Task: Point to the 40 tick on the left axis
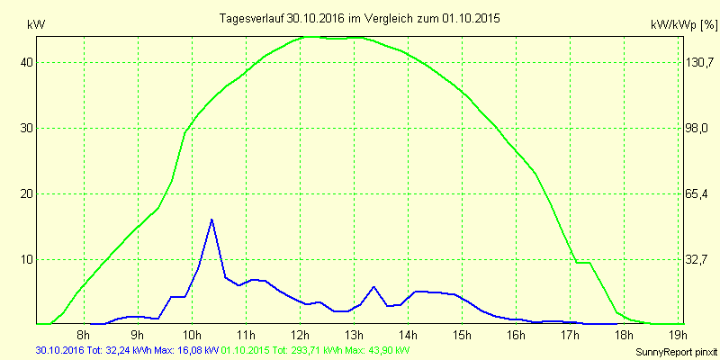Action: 27,63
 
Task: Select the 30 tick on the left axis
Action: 27,128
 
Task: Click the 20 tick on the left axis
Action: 27,193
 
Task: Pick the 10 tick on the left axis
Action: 27,259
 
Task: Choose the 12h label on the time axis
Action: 300,336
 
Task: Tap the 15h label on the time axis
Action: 462,336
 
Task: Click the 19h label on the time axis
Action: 678,336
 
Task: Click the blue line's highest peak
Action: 211,220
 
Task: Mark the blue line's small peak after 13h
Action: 373,287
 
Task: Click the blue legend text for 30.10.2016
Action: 127,349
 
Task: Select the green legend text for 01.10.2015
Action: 315,349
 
